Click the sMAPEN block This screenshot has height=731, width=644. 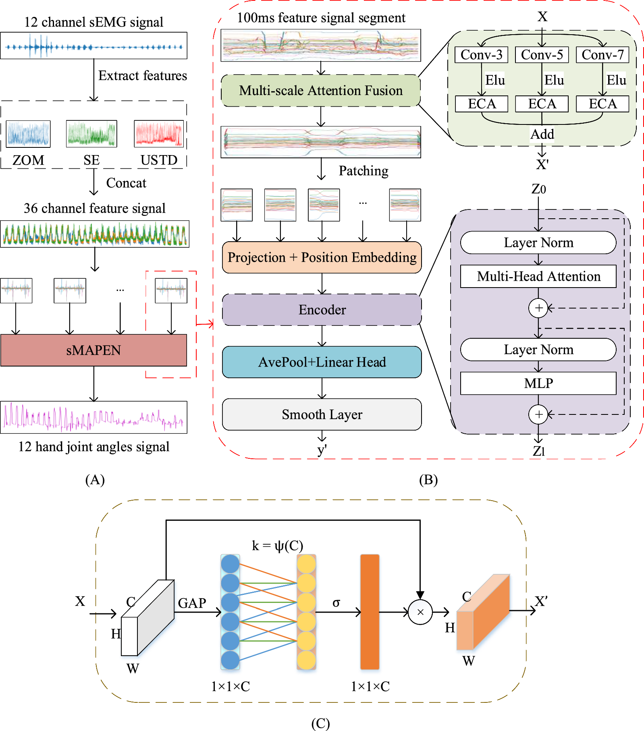tap(93, 350)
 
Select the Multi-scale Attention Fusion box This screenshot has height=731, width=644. tap(321, 91)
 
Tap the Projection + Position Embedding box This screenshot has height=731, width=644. tap(322, 257)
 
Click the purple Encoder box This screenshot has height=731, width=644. tap(322, 310)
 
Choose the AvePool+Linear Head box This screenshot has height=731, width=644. tap(322, 362)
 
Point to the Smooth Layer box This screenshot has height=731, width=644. tap(322, 414)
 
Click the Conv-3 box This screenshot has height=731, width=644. tap(481, 55)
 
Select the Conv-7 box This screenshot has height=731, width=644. tap(602, 55)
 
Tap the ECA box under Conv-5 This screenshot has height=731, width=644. tap(542, 104)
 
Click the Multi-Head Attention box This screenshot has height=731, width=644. tap(538, 276)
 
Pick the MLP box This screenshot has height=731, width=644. tap(538, 383)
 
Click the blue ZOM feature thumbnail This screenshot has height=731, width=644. tap(28, 134)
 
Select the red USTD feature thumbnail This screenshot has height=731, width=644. tap(159, 134)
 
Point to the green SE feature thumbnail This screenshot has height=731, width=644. tap(91, 134)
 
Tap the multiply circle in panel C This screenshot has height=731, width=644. tap(420, 612)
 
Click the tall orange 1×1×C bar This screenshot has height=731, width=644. tap(370, 612)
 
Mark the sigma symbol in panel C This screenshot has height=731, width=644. tap(336, 603)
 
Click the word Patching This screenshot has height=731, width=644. tap(364, 171)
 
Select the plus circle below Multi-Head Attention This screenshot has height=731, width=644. tap(538, 308)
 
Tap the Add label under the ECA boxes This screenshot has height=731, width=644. tap(542, 134)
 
